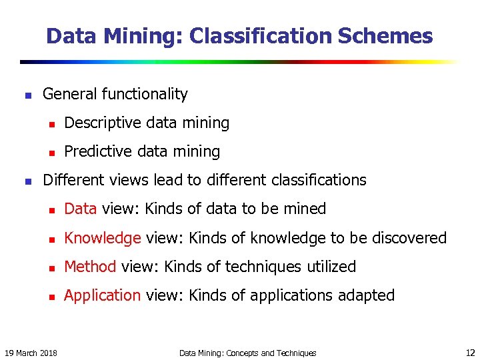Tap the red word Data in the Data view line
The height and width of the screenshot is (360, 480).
pyautogui.click(x=81, y=209)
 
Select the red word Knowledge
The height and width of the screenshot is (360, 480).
pyautogui.click(x=102, y=238)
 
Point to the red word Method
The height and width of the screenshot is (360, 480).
pyautogui.click(x=91, y=267)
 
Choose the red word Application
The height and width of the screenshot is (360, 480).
pyautogui.click(x=102, y=295)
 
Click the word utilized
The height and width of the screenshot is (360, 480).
pyautogui.click(x=331, y=267)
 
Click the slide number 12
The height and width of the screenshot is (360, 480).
pyautogui.click(x=469, y=352)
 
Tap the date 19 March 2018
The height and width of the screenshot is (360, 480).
pyautogui.click(x=31, y=353)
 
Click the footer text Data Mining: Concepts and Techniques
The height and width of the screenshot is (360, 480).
pyautogui.click(x=248, y=353)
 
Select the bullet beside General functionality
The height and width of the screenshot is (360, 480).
pyautogui.click(x=27, y=95)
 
